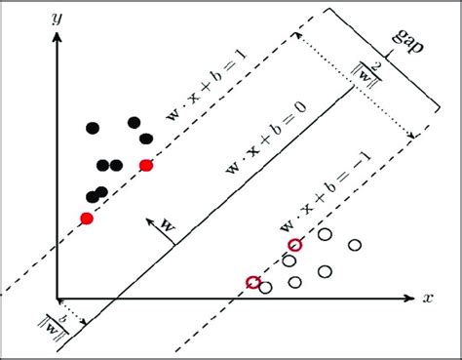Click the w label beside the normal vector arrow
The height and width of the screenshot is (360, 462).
[x=168, y=225]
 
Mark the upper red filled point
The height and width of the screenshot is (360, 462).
[x=146, y=166]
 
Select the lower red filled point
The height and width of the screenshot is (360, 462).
[x=87, y=218]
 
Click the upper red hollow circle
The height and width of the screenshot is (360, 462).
[x=295, y=245]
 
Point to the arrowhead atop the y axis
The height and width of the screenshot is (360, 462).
[x=59, y=35]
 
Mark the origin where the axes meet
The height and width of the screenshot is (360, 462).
[x=59, y=299]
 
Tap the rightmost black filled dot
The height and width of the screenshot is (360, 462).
[x=146, y=138]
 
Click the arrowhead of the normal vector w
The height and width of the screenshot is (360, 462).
[x=145, y=219]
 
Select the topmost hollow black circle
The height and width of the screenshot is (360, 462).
[x=325, y=233]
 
